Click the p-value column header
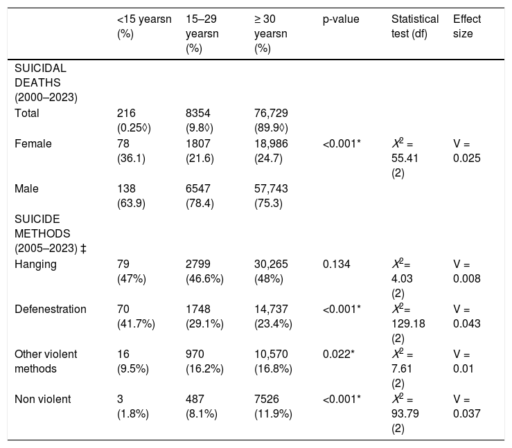pyautogui.click(x=341, y=19)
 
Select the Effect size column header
pyautogui.click(x=466, y=26)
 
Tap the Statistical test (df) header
pyautogui.click(x=415, y=26)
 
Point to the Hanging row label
pyautogui.click(x=35, y=265)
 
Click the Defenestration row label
pyautogui.click(x=51, y=309)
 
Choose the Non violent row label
pyautogui.click(x=42, y=399)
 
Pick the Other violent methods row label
pyautogui.click(x=46, y=361)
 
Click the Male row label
pyautogui.click(x=26, y=188)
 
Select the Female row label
pyautogui.click(x=33, y=143)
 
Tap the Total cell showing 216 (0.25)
pyautogui.click(x=134, y=120)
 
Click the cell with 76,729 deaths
pyautogui.click(x=271, y=120)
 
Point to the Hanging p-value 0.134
pyautogui.click(x=336, y=264)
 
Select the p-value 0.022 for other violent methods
pyautogui.click(x=339, y=354)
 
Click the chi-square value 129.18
pyautogui.click(x=408, y=323)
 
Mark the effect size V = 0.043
pyautogui.click(x=466, y=316)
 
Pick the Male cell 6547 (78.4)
pyautogui.click(x=200, y=196)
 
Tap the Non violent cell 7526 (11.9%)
pyautogui.click(x=273, y=406)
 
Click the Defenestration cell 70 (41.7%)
pyautogui.click(x=136, y=316)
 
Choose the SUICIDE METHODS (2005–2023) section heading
pyautogui.click(x=51, y=233)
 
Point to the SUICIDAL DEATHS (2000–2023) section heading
pyautogui.click(x=46, y=83)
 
